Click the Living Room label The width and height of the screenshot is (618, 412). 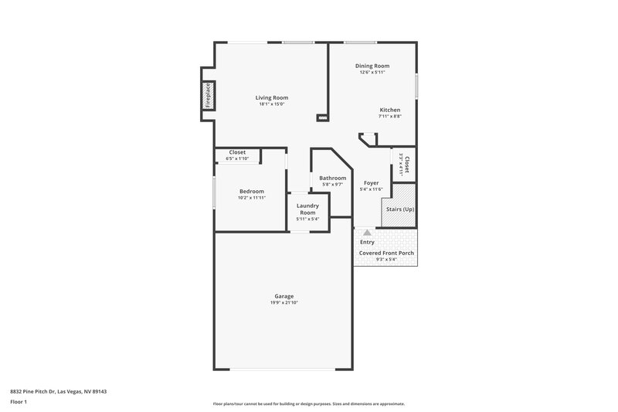(x=272, y=97)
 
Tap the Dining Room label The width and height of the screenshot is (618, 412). (x=372, y=66)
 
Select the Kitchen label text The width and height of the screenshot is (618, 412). (x=389, y=110)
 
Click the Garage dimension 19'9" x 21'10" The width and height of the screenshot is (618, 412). (x=284, y=302)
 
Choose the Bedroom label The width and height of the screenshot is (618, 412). (x=251, y=191)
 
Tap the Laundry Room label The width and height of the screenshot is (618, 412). (x=308, y=209)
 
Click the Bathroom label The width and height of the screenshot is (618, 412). (x=333, y=178)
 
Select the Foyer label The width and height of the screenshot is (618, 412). (x=371, y=183)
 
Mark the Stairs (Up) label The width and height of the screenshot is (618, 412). (x=399, y=209)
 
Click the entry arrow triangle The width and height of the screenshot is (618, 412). (x=367, y=231)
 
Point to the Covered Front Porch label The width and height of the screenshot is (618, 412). (x=386, y=253)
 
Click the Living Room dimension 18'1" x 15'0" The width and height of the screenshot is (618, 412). (x=272, y=104)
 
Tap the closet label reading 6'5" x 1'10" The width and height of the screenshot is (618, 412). (x=237, y=158)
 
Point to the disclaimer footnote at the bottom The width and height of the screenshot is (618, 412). (x=308, y=403)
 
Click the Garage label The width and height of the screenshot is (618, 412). (x=284, y=296)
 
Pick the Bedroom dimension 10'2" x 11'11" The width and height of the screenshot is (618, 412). (x=251, y=198)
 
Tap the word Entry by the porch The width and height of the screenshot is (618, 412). (x=367, y=242)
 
